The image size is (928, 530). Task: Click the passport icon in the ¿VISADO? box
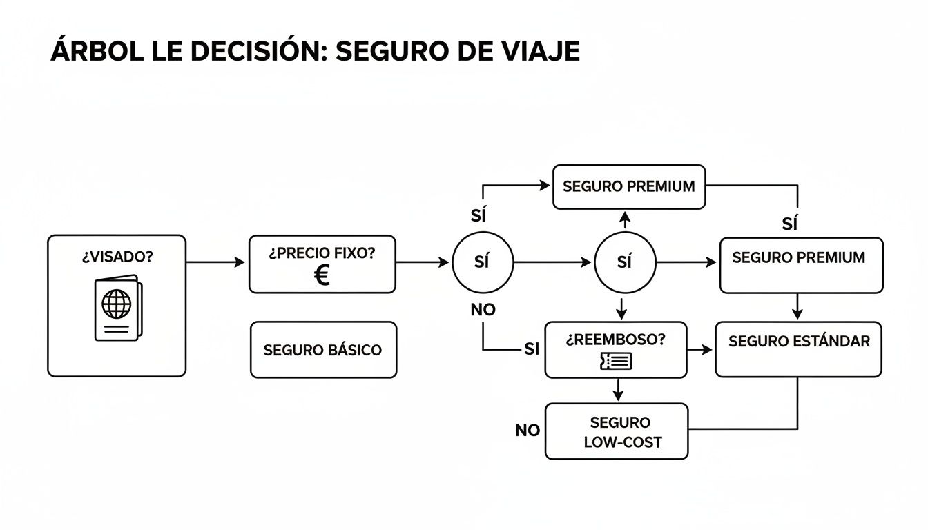[117, 306]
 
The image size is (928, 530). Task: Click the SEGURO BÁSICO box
[323, 350]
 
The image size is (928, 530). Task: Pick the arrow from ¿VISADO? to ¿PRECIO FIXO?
[216, 262]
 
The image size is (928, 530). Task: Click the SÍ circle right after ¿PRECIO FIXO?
[483, 262]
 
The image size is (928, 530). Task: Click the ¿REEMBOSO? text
[616, 340]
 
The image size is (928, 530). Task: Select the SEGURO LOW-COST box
[617, 431]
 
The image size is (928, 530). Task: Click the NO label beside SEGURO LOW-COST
[528, 431]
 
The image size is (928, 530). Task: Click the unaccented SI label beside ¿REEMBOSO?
[531, 349]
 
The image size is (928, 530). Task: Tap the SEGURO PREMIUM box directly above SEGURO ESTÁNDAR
[801, 265]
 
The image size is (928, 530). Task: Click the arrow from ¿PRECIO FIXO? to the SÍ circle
[423, 262]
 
